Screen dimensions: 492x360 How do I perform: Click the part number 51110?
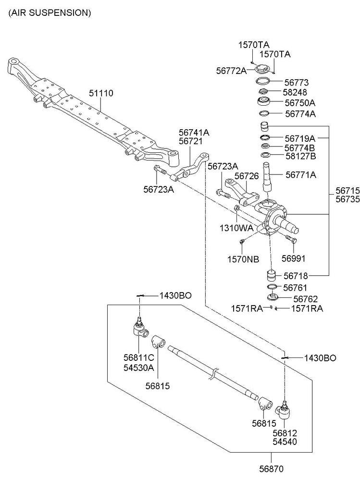coord(101,93)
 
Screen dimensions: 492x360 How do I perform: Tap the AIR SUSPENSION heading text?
coord(50,13)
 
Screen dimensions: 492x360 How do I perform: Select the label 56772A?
coord(231,70)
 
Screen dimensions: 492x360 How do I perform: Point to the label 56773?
coord(296,82)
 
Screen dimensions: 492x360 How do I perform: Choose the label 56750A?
coord(300,103)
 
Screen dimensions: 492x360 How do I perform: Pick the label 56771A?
coord(301,175)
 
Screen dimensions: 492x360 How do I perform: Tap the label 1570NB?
coord(243,259)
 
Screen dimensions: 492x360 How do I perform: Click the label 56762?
coord(300,298)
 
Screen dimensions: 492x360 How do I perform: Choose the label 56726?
coord(247,176)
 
